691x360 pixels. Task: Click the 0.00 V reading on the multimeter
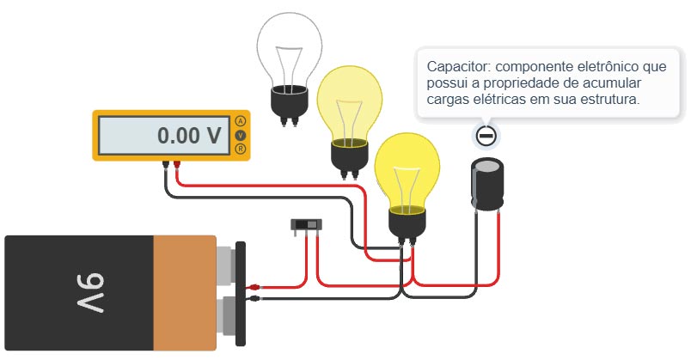pyautogui.click(x=188, y=135)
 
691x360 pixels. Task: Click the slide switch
pyautogui.click(x=307, y=225)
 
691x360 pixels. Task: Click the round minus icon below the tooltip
pyautogui.click(x=487, y=135)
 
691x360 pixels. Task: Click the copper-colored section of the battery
pyautogui.click(x=184, y=292)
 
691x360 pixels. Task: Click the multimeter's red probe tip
pyautogui.click(x=176, y=164)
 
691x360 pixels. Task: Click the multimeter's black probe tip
pyautogui.click(x=164, y=164)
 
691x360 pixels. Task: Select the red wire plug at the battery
pyautogui.click(x=255, y=288)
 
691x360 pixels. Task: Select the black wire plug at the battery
pyautogui.click(x=255, y=298)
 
